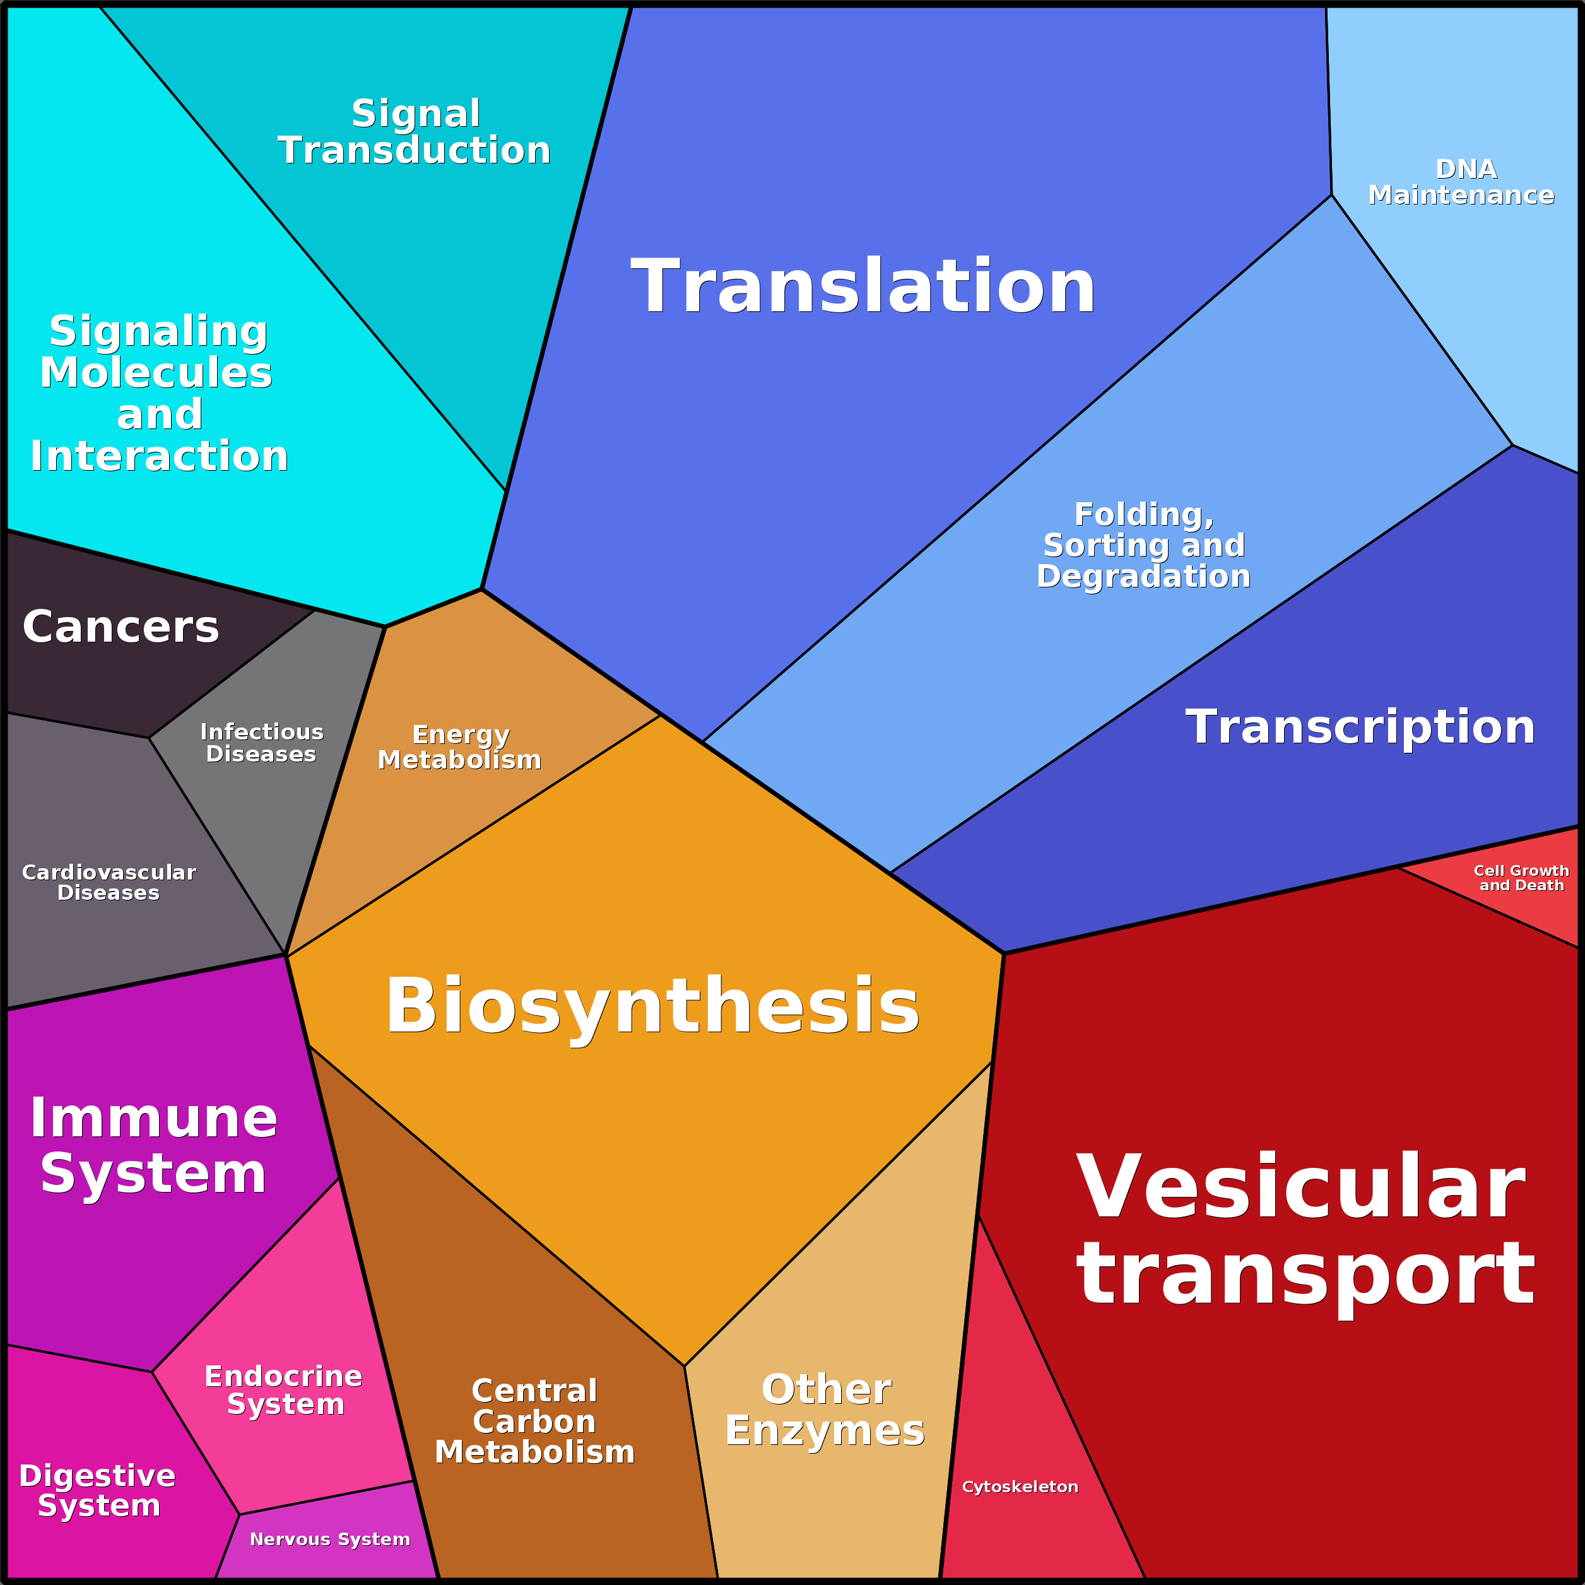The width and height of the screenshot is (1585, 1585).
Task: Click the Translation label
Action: (x=863, y=286)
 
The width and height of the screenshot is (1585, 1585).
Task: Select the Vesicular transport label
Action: (x=1304, y=1230)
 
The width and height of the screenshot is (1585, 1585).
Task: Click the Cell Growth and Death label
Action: (x=1521, y=877)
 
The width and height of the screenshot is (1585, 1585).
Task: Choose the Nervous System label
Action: (x=330, y=1539)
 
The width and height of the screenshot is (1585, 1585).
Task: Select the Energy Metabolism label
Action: (x=459, y=746)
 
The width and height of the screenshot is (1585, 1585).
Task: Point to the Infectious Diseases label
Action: (x=262, y=743)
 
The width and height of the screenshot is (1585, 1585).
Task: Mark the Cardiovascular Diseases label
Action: (x=109, y=882)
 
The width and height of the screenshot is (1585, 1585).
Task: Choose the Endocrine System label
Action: (x=284, y=1390)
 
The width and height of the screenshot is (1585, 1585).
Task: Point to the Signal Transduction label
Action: (x=415, y=131)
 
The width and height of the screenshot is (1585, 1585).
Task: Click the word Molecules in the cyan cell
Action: (x=156, y=372)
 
